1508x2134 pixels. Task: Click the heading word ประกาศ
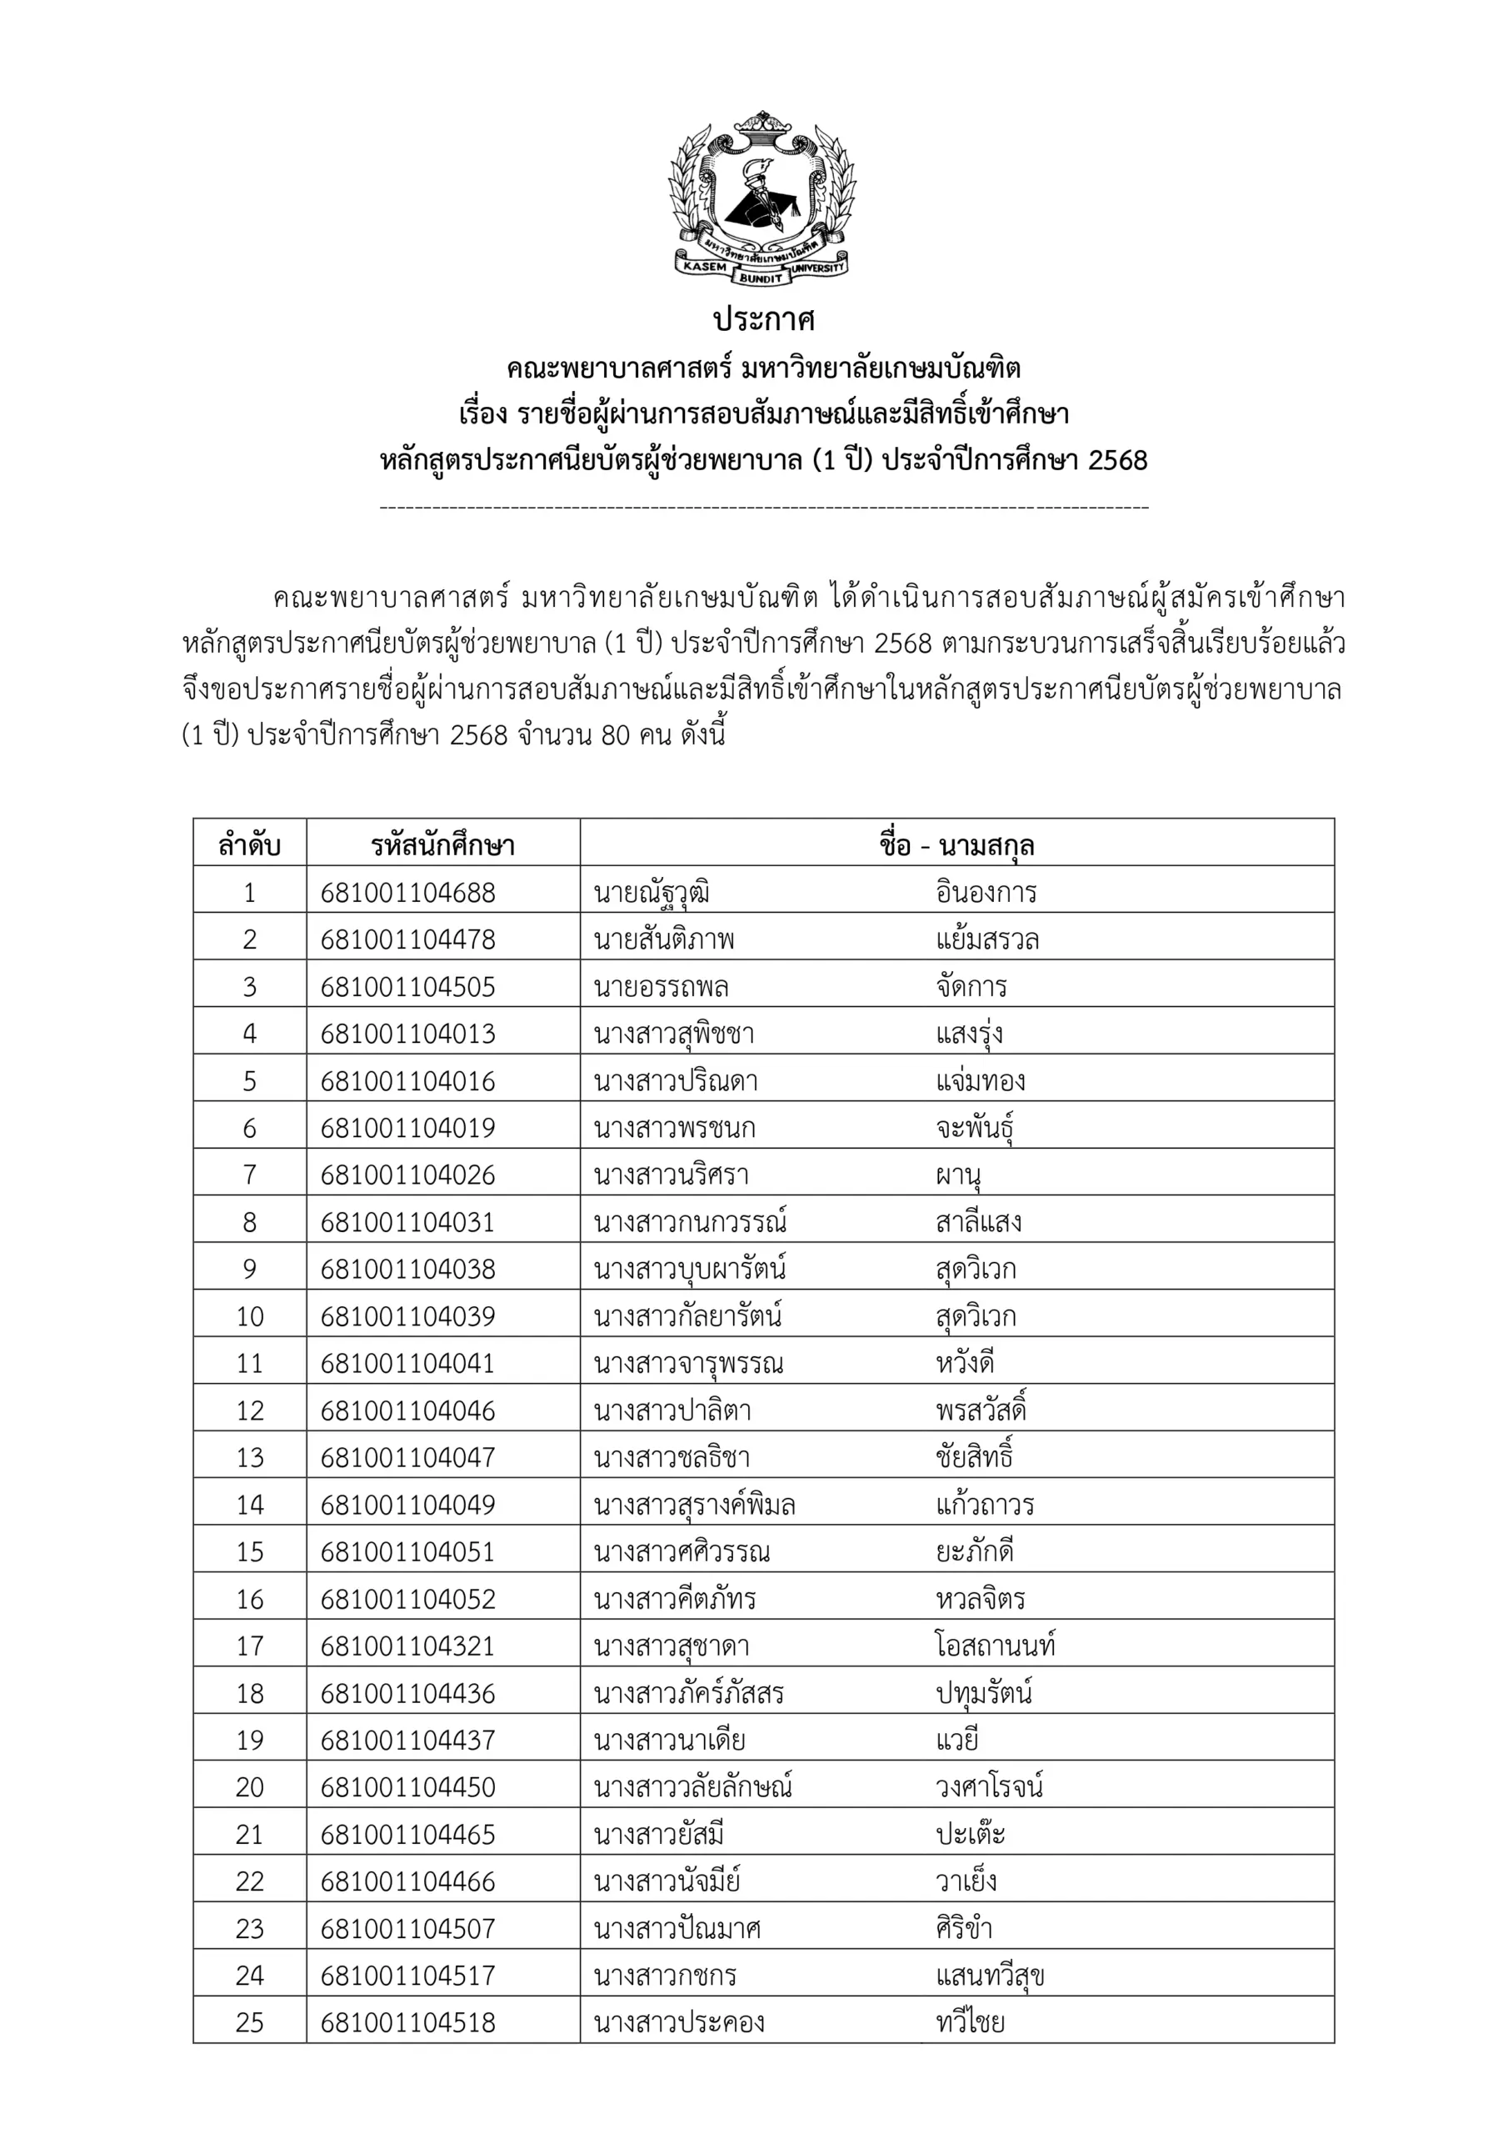[763, 320]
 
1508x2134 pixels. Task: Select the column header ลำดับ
[249, 846]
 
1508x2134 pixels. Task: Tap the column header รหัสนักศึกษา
[442, 846]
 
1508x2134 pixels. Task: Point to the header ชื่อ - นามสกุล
[956, 846]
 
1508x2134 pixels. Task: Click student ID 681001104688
[408, 893]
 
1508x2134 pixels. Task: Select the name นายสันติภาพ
[663, 939]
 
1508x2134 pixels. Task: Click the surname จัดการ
[971, 987]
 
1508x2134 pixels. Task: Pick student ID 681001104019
[408, 1129]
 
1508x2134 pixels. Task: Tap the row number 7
[249, 1175]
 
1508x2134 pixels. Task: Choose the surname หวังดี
[965, 1364]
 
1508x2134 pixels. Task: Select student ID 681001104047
[408, 1457]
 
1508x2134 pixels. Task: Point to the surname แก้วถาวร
[985, 1505]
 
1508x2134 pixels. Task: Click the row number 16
[249, 1600]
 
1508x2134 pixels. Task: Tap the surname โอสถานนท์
[995, 1646]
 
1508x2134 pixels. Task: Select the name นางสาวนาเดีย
[669, 1740]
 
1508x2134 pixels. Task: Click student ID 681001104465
[408, 1835]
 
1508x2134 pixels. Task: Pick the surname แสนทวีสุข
[990, 1975]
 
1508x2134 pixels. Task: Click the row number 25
[249, 2022]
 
